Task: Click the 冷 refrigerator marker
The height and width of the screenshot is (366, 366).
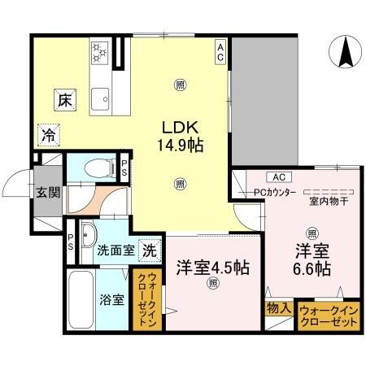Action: [48, 135]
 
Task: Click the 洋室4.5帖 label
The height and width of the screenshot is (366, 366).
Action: [212, 267]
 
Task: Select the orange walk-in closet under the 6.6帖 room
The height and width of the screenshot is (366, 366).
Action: [328, 316]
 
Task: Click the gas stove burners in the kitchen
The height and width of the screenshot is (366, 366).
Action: [100, 53]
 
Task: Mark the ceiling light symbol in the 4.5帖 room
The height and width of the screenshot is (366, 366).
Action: [212, 283]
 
